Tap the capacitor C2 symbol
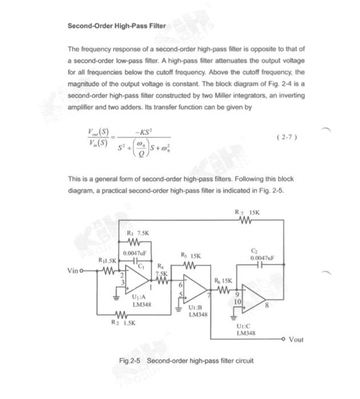coord(259,266)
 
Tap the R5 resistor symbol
coord(191,265)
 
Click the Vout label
coord(296,340)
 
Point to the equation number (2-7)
coord(286,137)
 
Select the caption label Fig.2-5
coord(130,361)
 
